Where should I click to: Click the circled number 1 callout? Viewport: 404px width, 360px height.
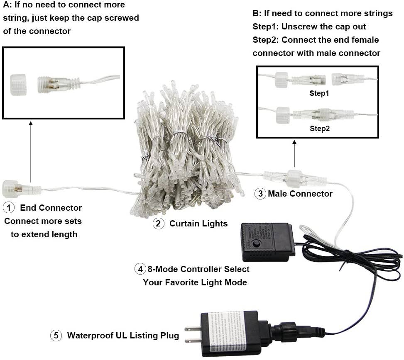9,207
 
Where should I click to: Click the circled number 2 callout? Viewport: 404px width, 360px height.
159,224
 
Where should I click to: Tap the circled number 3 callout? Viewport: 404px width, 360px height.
260,194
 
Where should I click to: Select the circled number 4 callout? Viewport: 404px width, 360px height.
140,269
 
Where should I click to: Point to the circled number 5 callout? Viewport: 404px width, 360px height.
56,336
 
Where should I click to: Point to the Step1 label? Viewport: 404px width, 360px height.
319,93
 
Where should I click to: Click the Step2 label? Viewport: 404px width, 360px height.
319,129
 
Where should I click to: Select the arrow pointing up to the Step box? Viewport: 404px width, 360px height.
294,153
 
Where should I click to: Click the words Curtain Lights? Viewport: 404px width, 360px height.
198,224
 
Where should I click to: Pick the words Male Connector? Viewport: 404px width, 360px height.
300,194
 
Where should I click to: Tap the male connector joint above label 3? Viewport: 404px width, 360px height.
294,178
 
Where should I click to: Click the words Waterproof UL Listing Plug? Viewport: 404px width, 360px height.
123,336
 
